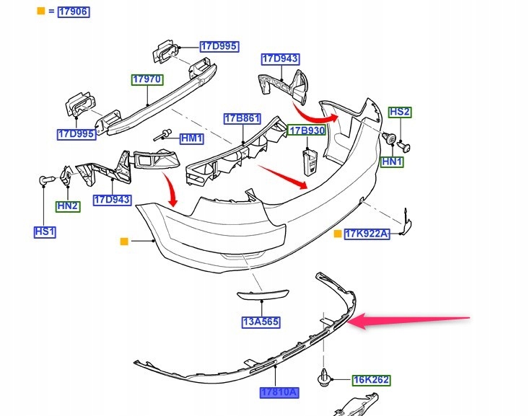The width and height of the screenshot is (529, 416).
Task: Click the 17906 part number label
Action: point(74,12)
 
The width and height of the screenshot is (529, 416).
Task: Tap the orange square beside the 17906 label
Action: point(41,11)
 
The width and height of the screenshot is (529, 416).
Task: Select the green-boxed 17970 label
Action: point(147,79)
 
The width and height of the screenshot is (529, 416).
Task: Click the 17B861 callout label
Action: point(242,119)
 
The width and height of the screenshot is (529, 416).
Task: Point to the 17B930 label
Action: point(307,130)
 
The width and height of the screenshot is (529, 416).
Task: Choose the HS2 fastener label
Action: point(400,112)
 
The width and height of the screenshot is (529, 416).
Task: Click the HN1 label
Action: point(392,161)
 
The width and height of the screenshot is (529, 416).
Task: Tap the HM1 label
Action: point(192,138)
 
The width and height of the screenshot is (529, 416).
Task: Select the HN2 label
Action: point(68,206)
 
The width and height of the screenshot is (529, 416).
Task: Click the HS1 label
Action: point(45,232)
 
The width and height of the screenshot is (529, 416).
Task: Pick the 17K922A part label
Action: point(367,234)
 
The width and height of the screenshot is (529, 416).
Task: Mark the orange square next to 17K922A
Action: point(337,234)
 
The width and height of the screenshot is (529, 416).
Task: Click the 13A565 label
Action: point(261,322)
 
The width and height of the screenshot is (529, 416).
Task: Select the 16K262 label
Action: point(371,380)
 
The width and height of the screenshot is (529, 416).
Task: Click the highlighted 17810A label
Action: point(279,392)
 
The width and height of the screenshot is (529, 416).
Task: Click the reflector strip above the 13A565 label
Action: point(263,295)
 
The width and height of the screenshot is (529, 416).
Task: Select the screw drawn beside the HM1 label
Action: point(163,135)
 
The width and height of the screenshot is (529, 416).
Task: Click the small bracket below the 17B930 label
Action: point(310,163)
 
